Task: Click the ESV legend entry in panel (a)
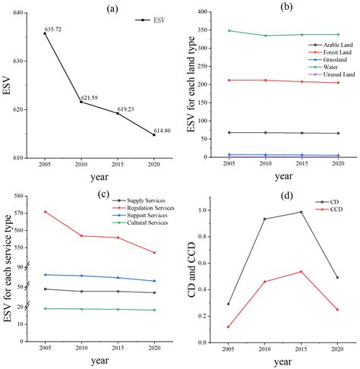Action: (151, 21)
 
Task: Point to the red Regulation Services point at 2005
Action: (46, 212)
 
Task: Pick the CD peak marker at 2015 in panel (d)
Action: (302, 212)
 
